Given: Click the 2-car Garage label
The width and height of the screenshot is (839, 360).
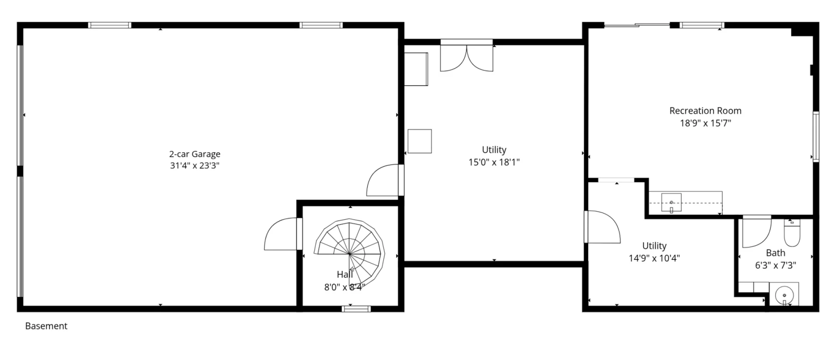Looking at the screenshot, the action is [194, 154].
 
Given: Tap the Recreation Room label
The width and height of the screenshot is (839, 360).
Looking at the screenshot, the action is [705, 111].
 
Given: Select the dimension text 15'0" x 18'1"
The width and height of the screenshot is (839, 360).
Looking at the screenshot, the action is [494, 162].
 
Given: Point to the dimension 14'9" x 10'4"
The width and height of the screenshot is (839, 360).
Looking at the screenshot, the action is [654, 258].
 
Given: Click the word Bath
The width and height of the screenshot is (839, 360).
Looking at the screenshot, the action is [776, 253].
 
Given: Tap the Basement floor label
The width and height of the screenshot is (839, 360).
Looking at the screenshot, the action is [46, 326].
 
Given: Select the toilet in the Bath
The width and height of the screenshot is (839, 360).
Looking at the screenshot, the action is [791, 233].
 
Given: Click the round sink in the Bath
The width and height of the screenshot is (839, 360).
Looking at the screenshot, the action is [784, 295].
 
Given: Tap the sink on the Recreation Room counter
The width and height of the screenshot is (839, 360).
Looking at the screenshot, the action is [671, 203].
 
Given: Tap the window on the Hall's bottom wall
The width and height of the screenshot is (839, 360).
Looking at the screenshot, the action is [356, 309].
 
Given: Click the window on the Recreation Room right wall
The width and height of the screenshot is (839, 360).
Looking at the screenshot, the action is [816, 137].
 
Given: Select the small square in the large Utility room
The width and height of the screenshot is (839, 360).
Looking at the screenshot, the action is [419, 141].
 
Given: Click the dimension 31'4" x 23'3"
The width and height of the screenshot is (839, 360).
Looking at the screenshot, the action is [194, 166].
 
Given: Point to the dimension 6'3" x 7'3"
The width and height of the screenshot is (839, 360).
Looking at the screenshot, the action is [776, 265].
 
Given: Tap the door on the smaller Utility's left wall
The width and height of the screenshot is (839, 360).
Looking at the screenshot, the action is [603, 227].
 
